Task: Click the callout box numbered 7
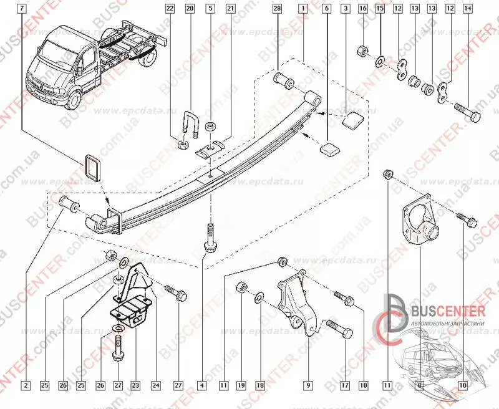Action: [x=22, y=9]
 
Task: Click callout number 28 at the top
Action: [x=277, y=9]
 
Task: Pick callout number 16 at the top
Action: [x=362, y=9]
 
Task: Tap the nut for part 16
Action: [x=361, y=50]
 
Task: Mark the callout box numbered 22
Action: [x=170, y=9]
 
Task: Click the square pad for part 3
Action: [x=352, y=120]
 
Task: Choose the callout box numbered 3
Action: [x=345, y=9]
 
